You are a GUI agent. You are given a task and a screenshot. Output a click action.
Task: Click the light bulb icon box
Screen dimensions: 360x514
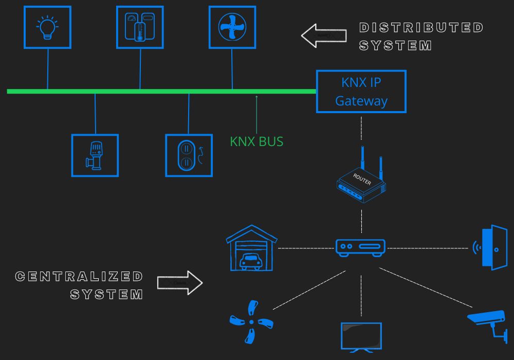tap(47, 27)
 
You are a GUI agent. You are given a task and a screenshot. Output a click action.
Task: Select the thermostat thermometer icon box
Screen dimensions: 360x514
tap(140, 27)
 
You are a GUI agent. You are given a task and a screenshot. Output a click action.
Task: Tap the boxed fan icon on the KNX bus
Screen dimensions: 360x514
tap(232, 27)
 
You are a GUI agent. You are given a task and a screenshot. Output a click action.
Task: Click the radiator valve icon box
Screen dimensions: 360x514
tap(95, 155)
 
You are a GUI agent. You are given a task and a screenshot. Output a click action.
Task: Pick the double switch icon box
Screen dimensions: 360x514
tap(189, 155)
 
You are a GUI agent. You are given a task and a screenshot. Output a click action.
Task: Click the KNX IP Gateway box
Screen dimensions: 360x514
tap(361, 92)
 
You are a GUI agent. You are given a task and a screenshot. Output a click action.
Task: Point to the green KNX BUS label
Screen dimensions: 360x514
tap(256, 141)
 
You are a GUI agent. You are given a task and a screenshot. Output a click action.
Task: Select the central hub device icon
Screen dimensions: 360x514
tap(360, 247)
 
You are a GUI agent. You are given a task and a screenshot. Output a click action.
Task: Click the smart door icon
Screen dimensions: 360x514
tap(491, 247)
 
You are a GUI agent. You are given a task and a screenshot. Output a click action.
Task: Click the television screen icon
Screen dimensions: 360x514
tap(361, 337)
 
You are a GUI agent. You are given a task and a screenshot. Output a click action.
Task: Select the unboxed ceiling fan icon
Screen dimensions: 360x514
tap(251, 322)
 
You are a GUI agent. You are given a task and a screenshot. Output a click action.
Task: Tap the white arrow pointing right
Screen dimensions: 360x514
tap(180, 283)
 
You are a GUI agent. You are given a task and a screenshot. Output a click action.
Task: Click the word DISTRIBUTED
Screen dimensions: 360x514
tap(421, 27)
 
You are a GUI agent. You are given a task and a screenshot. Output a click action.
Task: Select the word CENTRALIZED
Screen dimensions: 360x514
tap(80, 277)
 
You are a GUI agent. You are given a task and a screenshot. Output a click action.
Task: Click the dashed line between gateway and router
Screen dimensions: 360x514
tap(361, 130)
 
